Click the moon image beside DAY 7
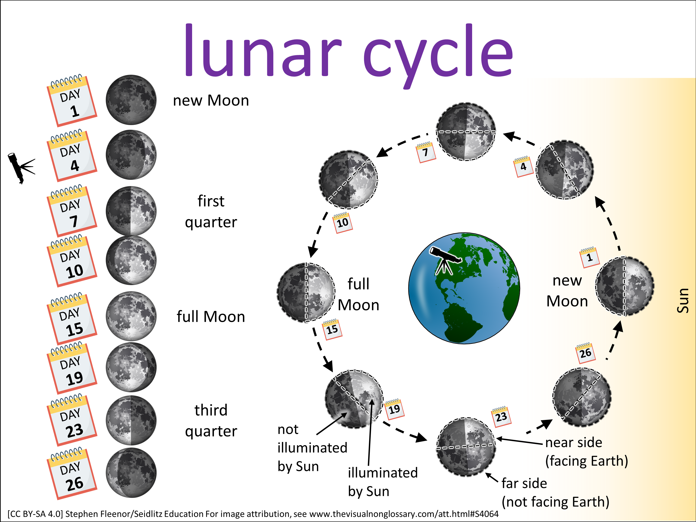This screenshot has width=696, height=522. point(131,211)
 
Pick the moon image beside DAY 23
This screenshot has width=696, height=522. point(131,420)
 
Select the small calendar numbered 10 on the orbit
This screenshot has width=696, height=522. point(343,223)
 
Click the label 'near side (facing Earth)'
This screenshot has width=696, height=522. point(586,452)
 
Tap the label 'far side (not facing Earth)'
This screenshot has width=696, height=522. point(555,493)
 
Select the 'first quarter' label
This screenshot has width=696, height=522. point(211,211)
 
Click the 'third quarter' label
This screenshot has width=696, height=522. point(211,421)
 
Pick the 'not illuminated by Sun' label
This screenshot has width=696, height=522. point(312,448)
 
